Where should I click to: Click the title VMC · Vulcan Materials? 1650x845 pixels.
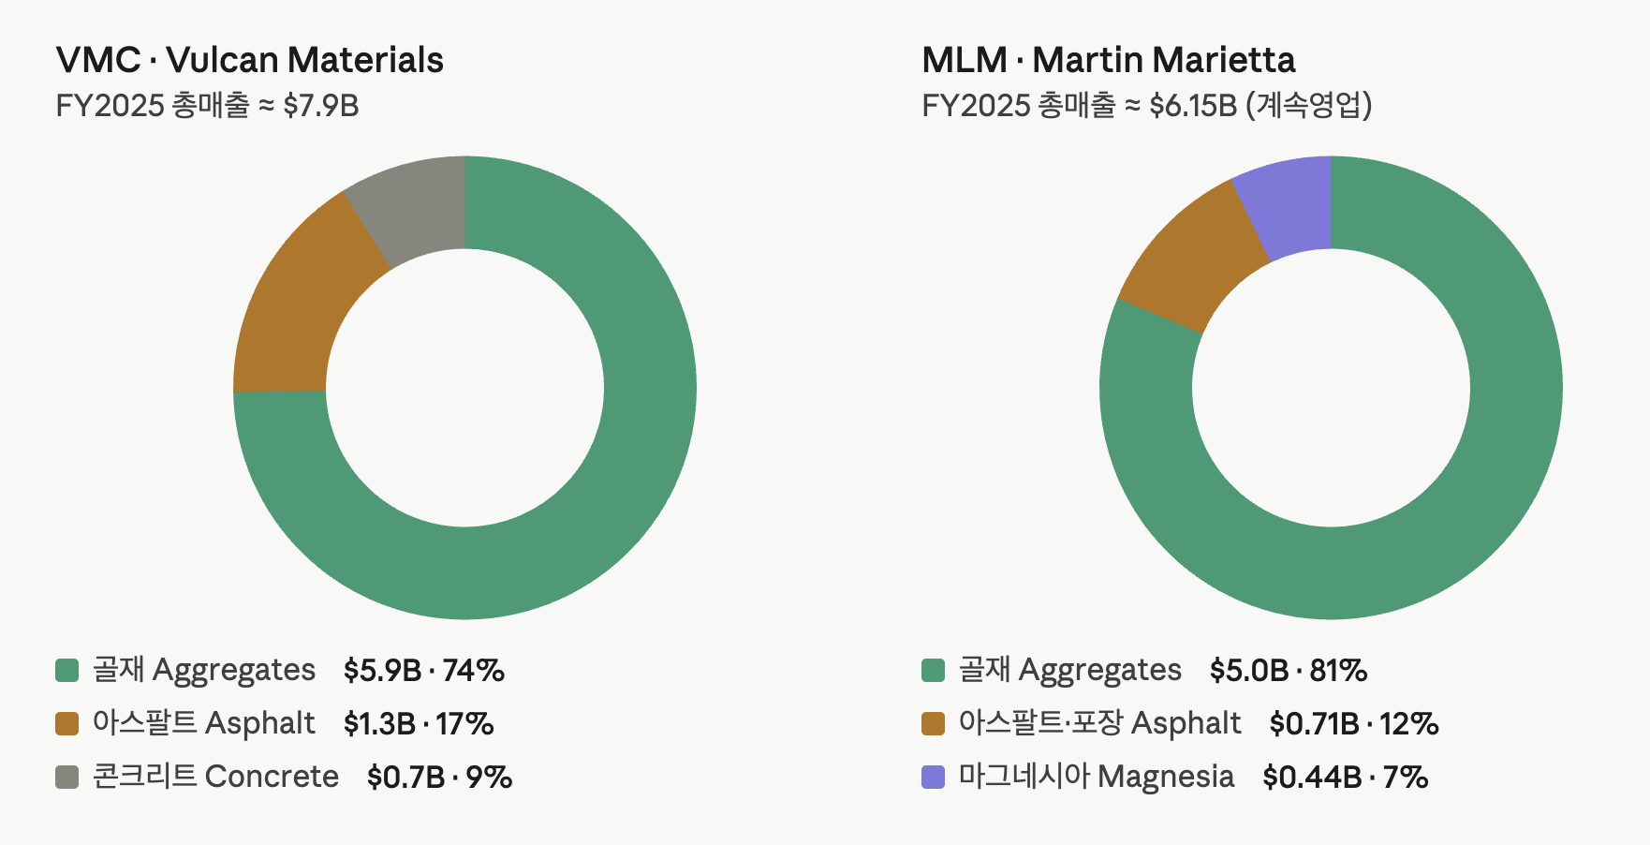(250, 60)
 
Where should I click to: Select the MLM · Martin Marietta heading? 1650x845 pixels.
(1109, 60)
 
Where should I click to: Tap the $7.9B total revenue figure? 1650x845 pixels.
(321, 105)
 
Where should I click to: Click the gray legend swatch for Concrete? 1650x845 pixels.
(67, 777)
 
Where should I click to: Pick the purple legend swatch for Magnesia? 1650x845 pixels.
(934, 777)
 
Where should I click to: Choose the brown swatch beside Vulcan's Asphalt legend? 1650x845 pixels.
(67, 723)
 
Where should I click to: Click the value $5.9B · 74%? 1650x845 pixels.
(424, 671)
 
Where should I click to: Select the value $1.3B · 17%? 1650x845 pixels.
(419, 724)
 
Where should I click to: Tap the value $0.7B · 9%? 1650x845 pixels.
(440, 778)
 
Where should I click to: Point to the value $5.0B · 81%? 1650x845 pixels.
(1289, 671)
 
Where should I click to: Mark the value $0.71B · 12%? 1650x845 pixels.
(1354, 724)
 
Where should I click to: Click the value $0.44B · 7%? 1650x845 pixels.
(1346, 778)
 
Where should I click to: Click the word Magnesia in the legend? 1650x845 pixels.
(1166, 778)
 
